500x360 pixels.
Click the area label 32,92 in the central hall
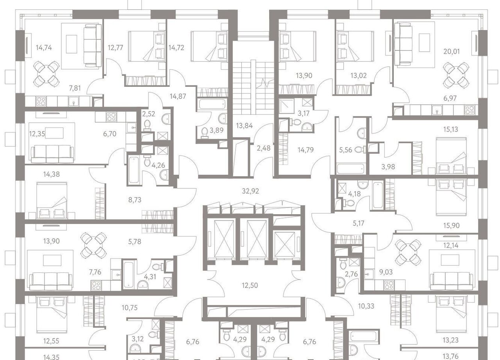tap(250, 191)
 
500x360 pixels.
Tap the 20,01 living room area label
tap(452, 52)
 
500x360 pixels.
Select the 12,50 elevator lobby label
tap(250, 285)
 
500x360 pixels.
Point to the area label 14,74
tap(44, 48)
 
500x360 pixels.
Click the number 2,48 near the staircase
tap(264, 148)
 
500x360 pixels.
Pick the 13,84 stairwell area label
tap(245, 126)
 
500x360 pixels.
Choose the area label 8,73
tap(135, 200)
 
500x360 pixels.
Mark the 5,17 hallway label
tap(359, 223)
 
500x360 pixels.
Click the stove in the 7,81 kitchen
tap(41, 101)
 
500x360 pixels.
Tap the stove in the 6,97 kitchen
tap(470, 110)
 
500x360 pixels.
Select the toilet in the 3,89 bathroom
tap(204, 133)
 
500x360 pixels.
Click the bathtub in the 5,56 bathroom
tap(351, 168)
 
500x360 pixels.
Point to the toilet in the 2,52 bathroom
tap(147, 125)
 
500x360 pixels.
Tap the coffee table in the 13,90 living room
tap(52, 260)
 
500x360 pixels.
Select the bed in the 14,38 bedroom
tap(52, 200)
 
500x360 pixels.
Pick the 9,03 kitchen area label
tap(386, 272)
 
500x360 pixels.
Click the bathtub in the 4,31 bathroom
tap(129, 275)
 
